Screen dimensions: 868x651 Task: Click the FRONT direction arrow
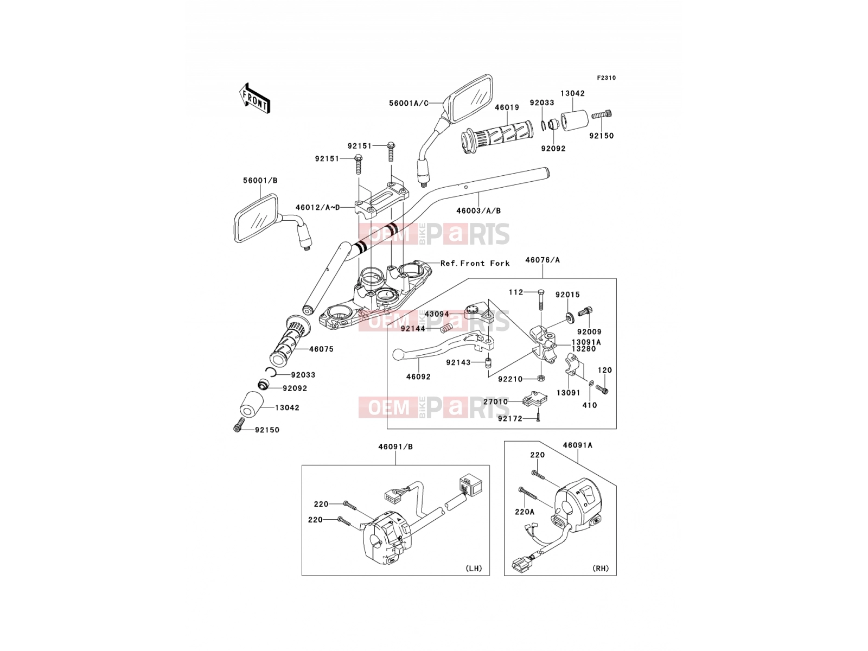255,99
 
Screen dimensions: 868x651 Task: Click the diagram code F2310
606,78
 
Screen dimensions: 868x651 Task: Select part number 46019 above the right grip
507,107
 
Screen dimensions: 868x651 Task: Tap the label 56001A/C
409,103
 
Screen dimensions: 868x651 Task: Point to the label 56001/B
260,181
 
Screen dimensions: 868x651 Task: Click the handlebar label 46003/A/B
478,210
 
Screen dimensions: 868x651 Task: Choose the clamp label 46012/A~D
317,207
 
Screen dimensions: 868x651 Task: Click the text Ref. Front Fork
475,263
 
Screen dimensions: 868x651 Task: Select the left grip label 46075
321,349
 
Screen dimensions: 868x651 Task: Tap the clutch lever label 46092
418,376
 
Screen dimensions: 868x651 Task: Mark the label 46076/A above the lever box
542,260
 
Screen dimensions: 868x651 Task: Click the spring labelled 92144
445,327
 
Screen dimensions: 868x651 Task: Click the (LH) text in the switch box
474,569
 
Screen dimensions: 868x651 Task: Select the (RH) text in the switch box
601,569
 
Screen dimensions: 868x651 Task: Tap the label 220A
525,512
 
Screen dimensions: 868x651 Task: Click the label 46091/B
395,446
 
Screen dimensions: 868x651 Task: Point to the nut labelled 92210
541,378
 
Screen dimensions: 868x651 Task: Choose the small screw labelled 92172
538,417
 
